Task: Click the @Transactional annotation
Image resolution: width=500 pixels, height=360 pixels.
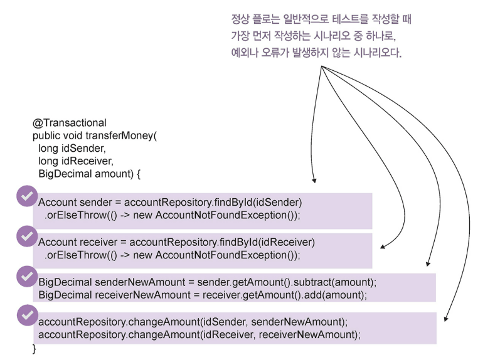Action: [x=70, y=123]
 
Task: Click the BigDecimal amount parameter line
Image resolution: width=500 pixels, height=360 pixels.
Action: [x=89, y=174]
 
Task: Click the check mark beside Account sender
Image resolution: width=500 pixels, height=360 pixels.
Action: [x=27, y=196]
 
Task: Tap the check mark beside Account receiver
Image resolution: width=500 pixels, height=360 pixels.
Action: [x=27, y=236]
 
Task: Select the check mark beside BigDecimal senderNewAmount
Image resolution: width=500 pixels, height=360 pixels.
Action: [x=27, y=276]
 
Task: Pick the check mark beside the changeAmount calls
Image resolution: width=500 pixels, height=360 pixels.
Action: [x=28, y=315]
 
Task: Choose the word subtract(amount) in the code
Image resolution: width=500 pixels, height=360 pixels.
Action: [x=334, y=282]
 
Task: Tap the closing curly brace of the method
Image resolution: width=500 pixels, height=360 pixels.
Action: [x=34, y=349]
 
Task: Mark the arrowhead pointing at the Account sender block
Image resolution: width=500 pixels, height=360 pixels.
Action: [x=314, y=181]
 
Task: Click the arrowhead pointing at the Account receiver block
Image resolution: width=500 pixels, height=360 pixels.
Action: [x=383, y=246]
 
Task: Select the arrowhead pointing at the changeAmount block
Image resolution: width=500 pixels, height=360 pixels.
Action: [x=446, y=319]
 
